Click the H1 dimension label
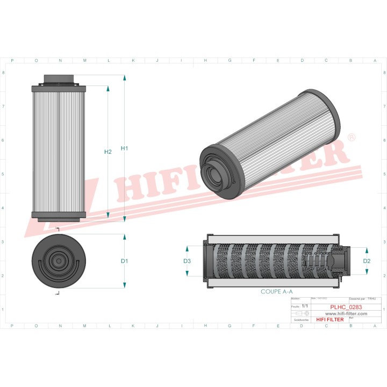tap(124, 148)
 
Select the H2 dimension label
tap(107, 152)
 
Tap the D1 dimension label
tap(124, 261)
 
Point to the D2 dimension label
tap(367, 261)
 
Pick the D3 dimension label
tap(187, 261)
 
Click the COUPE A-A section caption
tap(277, 291)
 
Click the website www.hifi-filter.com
tap(346, 313)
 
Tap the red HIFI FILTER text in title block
tap(329, 320)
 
